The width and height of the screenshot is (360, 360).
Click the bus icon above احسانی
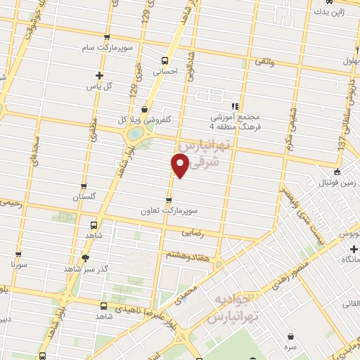pyautogui.click(x=165, y=60)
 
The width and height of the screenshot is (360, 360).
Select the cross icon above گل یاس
pyautogui.click(x=100, y=75)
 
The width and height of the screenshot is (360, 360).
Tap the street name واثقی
pyautogui.click(x=263, y=63)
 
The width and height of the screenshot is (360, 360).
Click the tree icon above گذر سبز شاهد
pyautogui.click(x=85, y=258)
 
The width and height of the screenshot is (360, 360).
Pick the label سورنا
pyautogui.click(x=19, y=266)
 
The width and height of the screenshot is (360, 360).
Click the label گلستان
pyautogui.click(x=82, y=195)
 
